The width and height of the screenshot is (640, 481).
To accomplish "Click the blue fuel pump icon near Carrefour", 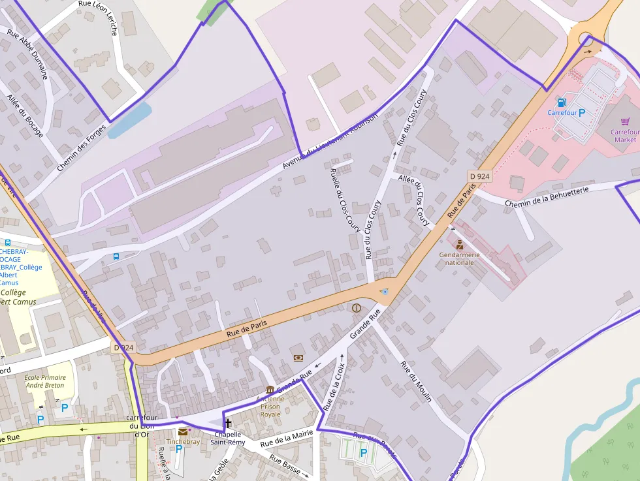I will click(x=561, y=102).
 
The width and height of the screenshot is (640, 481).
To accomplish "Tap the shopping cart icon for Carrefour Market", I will click(x=625, y=121).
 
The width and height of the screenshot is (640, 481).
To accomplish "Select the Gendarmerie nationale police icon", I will click(x=459, y=245).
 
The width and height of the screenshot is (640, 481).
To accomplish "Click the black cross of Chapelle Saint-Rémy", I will click(x=228, y=424).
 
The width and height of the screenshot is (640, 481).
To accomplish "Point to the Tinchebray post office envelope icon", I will click(x=183, y=431).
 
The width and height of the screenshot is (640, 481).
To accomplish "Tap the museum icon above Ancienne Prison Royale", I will click(x=270, y=390).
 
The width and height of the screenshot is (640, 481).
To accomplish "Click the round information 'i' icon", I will click(x=356, y=307).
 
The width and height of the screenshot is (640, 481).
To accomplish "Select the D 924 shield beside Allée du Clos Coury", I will click(x=479, y=176).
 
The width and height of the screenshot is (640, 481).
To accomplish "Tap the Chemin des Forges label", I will click(x=81, y=147).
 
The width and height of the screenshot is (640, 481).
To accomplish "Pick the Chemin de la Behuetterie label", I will click(x=547, y=196).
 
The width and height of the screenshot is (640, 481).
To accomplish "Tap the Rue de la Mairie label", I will click(x=286, y=438).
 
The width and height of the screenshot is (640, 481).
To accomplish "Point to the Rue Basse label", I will click(x=285, y=465).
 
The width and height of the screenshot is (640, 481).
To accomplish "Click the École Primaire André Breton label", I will click(x=45, y=381).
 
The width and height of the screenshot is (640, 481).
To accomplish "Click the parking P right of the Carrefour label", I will click(x=582, y=112).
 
